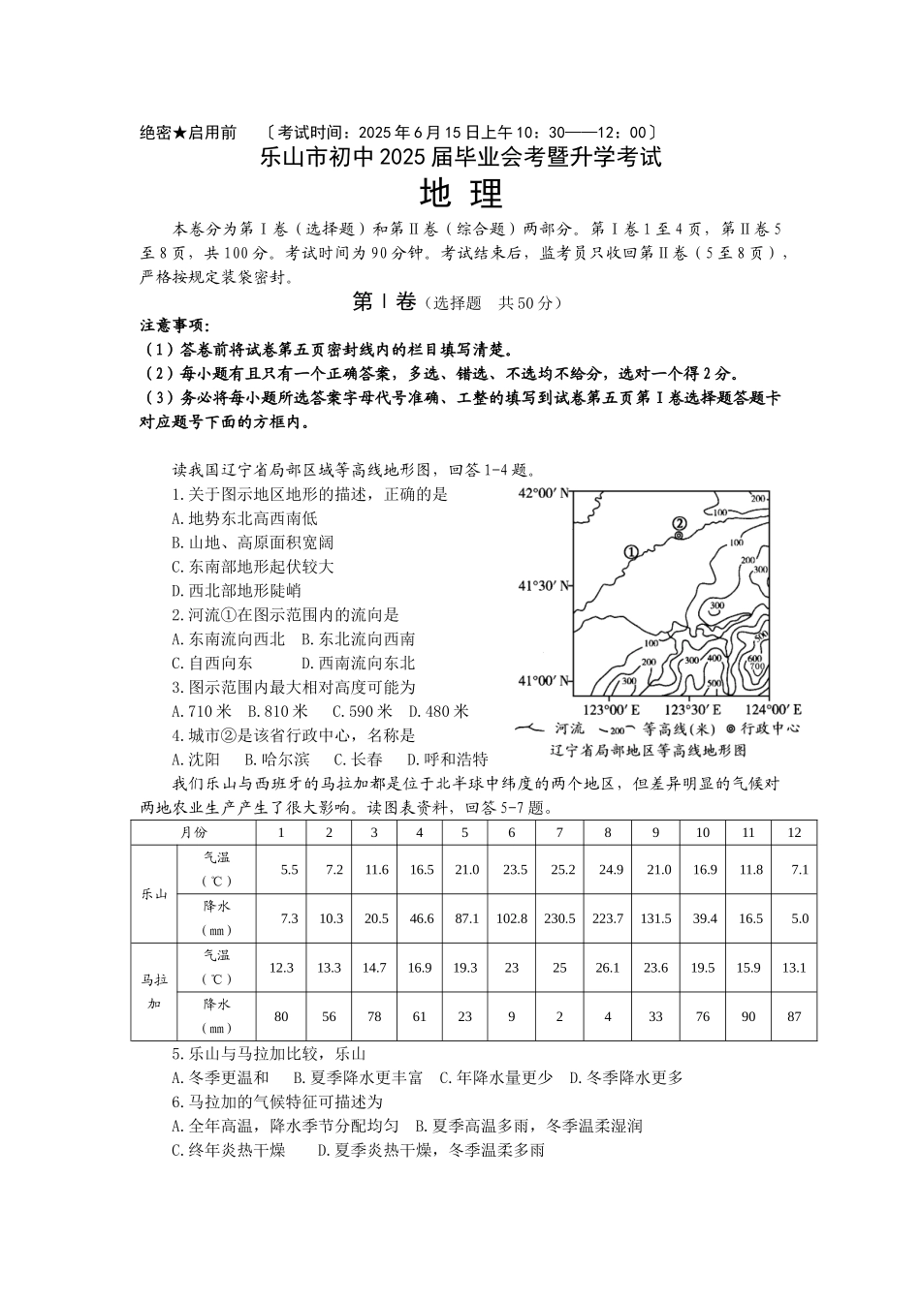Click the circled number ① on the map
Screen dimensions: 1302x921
pos(631,552)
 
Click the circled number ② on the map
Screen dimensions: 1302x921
pos(680,523)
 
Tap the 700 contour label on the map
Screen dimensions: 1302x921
pos(757,667)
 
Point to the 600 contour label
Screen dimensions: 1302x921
pos(754,658)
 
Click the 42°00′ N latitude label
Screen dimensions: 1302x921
pos(542,493)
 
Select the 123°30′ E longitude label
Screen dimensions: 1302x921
pos(689,708)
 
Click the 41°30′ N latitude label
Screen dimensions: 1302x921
pos(542,585)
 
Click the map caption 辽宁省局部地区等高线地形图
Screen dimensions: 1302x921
pos(648,750)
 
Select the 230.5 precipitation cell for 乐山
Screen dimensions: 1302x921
pos(559,918)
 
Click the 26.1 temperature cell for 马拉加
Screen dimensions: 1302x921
pos(608,967)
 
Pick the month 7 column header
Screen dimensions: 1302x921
pos(559,832)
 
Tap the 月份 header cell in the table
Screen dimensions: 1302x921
pos(193,832)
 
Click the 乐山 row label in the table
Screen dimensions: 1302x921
pos(154,893)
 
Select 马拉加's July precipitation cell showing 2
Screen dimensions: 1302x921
pos(559,1016)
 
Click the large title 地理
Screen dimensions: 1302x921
pos(461,195)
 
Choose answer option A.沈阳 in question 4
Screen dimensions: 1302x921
pos(195,759)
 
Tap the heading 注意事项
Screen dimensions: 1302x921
pos(175,325)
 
